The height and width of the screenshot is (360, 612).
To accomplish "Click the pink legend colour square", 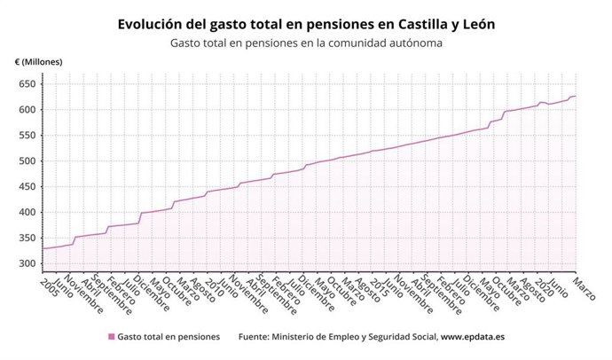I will pyautogui.click(x=111, y=337).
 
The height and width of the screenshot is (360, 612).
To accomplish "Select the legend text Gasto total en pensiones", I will pyautogui.click(x=169, y=337).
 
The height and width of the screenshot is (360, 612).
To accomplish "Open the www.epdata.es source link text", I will pyautogui.click(x=473, y=337).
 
